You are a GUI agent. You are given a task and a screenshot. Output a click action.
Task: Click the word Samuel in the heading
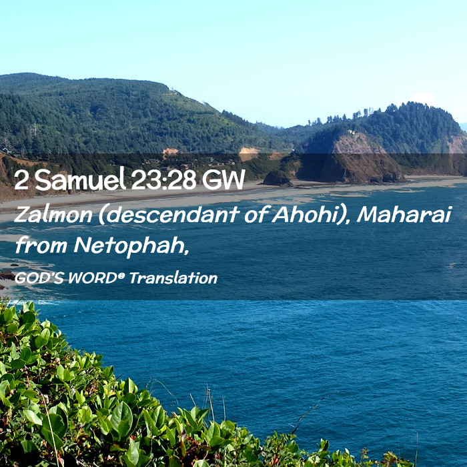pyautogui.click(x=80, y=179)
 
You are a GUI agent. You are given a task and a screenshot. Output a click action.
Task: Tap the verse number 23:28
pyautogui.click(x=164, y=179)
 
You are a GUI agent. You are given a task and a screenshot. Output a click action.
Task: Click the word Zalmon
pyautogui.click(x=53, y=214)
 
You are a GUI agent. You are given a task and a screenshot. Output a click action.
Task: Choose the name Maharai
pyautogui.click(x=404, y=214)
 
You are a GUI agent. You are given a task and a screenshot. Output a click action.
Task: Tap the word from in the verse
pyautogui.click(x=41, y=246)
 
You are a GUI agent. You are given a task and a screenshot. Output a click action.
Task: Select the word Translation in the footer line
pyautogui.click(x=173, y=278)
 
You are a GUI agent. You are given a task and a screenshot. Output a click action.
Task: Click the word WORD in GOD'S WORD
pyautogui.click(x=92, y=278)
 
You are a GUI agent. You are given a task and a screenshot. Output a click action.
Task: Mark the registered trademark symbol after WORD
pyautogui.click(x=120, y=275)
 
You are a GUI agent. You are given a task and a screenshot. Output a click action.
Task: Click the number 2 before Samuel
pyautogui.click(x=21, y=180)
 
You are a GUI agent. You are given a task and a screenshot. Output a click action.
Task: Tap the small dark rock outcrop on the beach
pyautogui.click(x=276, y=179)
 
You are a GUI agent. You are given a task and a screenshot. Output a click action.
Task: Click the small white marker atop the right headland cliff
pyautogui.click(x=352, y=132)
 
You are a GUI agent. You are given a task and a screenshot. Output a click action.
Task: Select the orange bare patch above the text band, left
pyautogui.click(x=170, y=151)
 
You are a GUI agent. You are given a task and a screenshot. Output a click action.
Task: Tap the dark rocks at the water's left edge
pyautogui.click(x=7, y=276)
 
